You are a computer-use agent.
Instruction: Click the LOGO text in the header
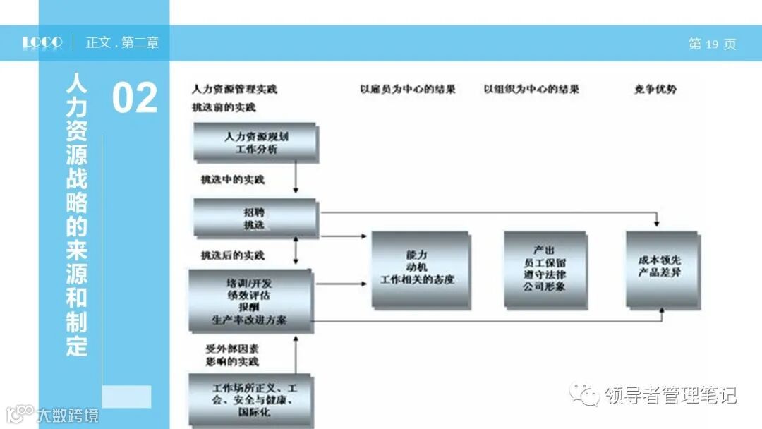click(42, 43)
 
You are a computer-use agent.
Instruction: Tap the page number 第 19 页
click(712, 44)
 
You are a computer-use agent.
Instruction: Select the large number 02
click(134, 98)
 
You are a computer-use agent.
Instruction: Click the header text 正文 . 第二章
click(122, 43)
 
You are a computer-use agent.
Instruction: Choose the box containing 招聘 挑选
click(255, 218)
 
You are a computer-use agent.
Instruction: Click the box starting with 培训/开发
click(250, 301)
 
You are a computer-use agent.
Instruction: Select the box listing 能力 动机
click(421, 270)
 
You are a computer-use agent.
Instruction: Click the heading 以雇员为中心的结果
click(408, 90)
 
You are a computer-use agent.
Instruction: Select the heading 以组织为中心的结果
click(531, 90)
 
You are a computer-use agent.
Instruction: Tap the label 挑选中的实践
click(232, 180)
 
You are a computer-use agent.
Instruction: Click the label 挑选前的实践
click(224, 107)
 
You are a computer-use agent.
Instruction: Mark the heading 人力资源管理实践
click(234, 90)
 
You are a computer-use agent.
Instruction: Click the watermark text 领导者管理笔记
click(670, 395)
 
